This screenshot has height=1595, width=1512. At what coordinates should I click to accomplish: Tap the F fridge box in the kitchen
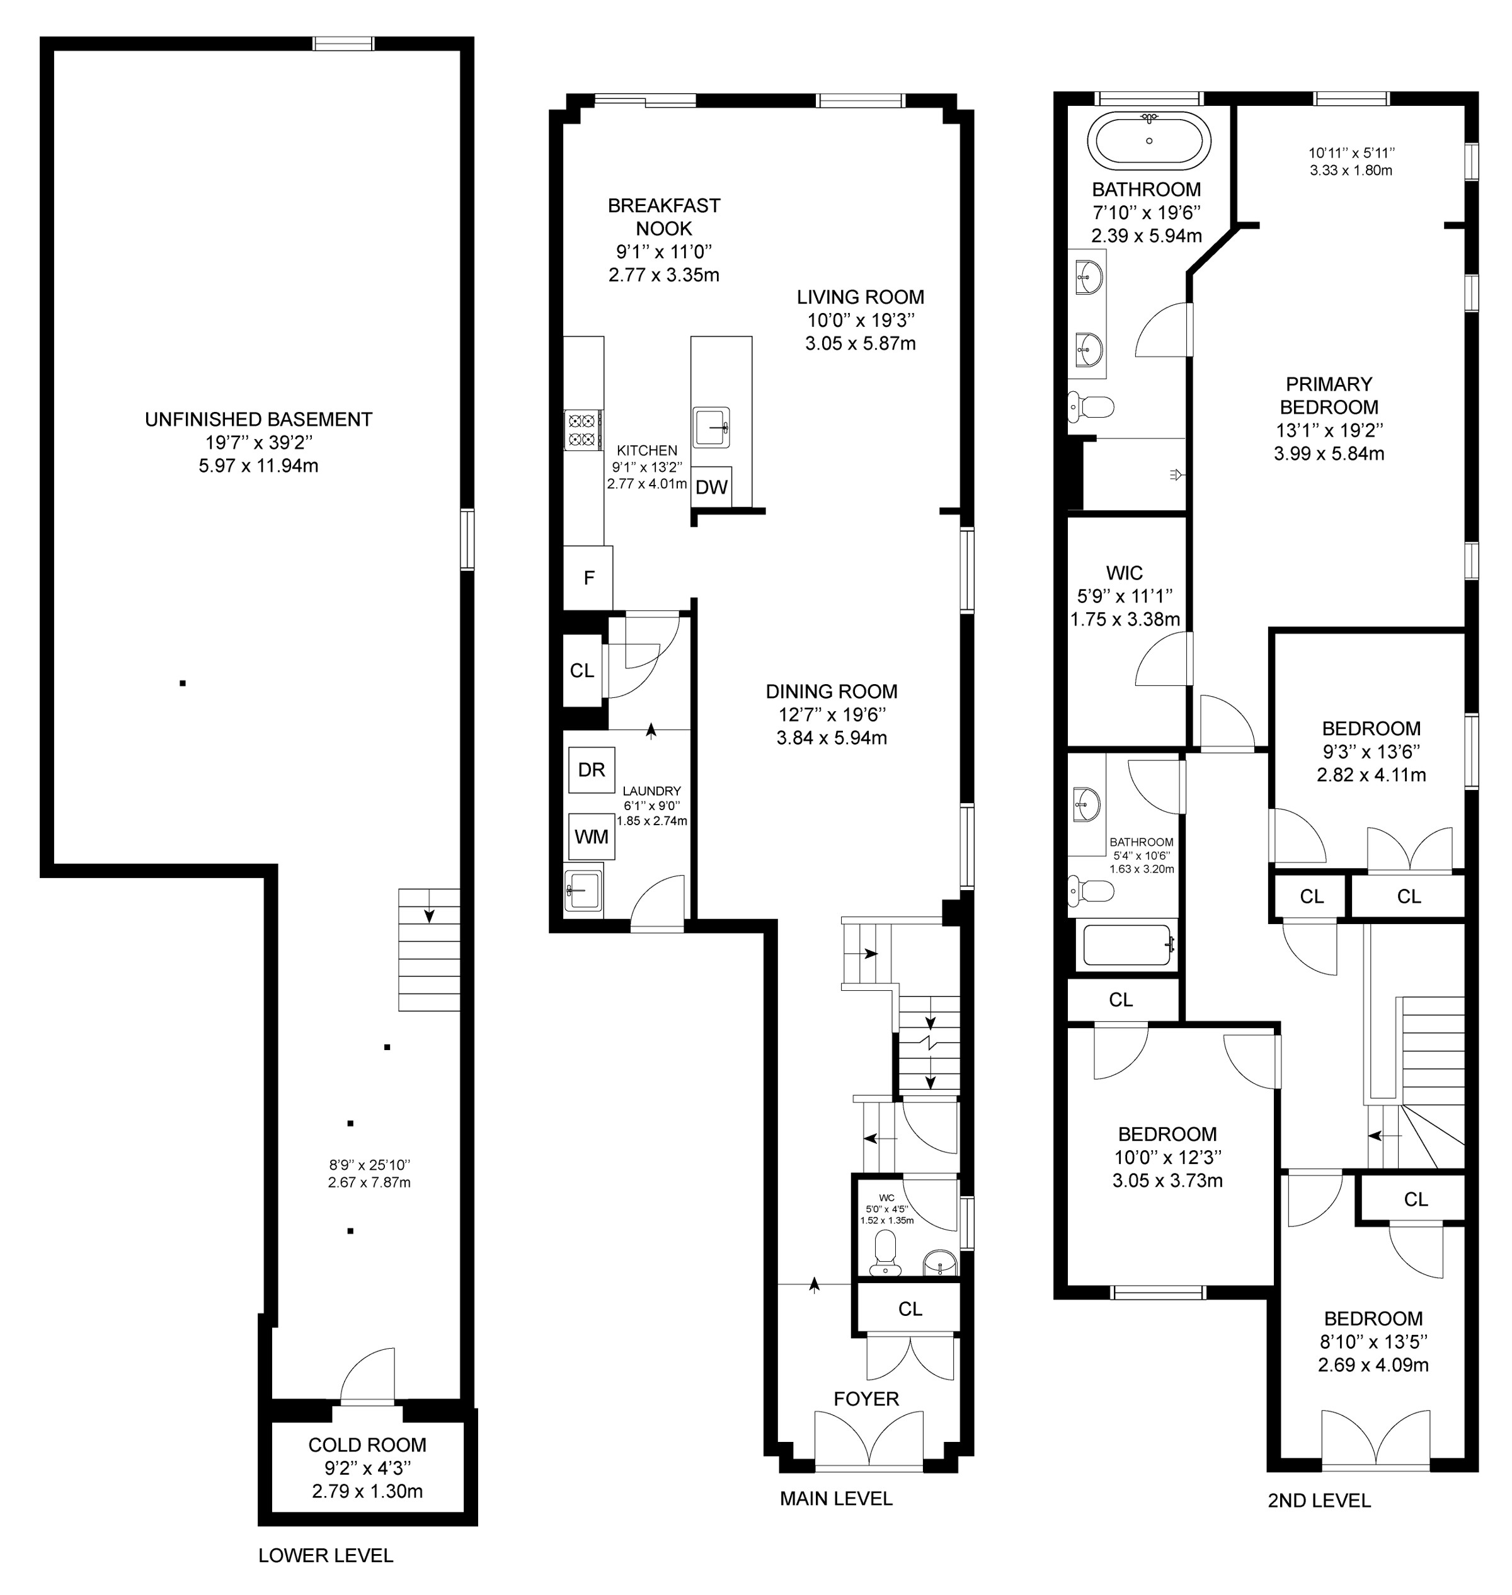click(x=588, y=578)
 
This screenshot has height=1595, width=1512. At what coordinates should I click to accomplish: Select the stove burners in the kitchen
click(x=583, y=429)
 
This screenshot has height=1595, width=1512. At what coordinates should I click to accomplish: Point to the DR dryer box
click(x=592, y=770)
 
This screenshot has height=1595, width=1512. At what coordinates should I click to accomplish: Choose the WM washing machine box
click(x=592, y=837)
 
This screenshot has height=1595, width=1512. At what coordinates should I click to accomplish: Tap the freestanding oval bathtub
click(x=1148, y=140)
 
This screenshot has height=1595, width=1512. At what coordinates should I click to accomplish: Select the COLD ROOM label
click(x=367, y=1445)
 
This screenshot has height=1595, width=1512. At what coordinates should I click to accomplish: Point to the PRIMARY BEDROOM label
click(x=1329, y=396)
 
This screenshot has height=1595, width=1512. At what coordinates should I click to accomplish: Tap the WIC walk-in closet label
click(x=1125, y=573)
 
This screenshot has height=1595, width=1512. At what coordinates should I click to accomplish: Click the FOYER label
click(x=866, y=1399)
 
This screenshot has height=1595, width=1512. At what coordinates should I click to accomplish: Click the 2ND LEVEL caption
click(x=1319, y=1501)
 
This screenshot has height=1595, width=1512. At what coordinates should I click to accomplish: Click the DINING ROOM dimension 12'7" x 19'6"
click(x=832, y=714)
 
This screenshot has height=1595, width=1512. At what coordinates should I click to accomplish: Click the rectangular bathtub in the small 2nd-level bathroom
click(x=1126, y=946)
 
